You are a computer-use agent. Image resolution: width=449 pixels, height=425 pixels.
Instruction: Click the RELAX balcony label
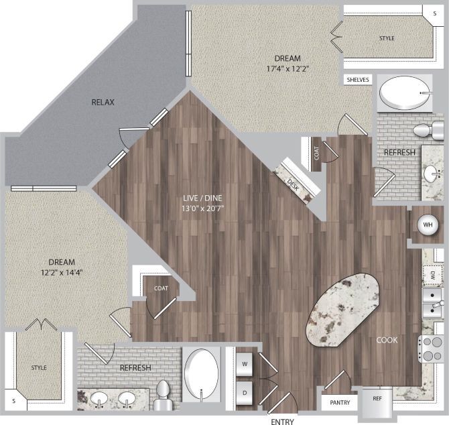point(103,103)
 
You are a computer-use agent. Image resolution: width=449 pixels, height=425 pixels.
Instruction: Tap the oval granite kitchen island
point(341,308)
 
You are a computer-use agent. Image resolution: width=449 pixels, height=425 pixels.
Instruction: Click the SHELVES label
point(357,80)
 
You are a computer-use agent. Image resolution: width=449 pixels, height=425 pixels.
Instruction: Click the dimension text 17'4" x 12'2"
point(287,68)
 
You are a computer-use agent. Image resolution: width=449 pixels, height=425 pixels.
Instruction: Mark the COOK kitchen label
point(387,340)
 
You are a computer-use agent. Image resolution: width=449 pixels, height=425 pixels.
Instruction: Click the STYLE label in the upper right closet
point(387,38)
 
